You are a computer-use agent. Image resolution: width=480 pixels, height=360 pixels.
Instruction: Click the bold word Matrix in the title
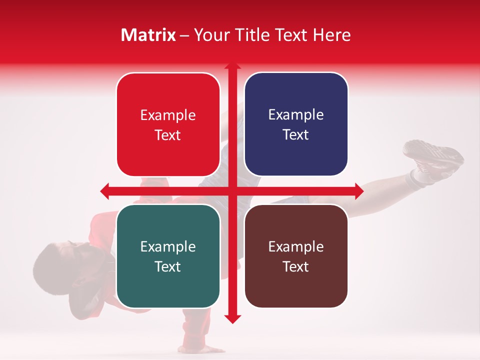[x=148, y=35]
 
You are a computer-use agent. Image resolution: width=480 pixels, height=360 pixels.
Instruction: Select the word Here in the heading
[x=331, y=35]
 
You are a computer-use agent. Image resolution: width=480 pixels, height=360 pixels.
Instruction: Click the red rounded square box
[x=168, y=124]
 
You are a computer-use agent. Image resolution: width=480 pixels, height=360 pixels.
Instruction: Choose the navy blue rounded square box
[x=296, y=124]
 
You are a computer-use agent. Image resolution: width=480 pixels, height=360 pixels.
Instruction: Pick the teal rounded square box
[x=168, y=256]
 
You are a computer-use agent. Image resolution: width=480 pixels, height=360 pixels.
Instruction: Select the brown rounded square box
[x=296, y=256]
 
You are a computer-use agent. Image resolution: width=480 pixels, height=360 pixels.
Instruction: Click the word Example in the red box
[x=168, y=115]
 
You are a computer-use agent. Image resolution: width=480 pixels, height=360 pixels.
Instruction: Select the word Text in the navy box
[x=296, y=135]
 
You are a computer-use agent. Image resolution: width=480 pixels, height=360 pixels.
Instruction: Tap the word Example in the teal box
[x=168, y=246]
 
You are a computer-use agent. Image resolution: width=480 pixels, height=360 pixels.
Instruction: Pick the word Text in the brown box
[x=296, y=266]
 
